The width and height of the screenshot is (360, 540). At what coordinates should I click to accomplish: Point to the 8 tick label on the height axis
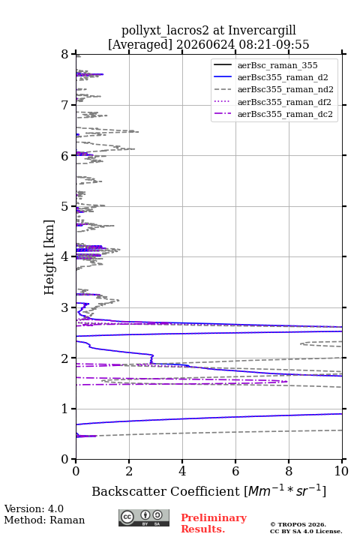[x=65, y=54]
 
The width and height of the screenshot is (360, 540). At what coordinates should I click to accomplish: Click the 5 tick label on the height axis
[x=65, y=206]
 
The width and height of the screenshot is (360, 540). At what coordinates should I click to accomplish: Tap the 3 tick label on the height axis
[x=65, y=307]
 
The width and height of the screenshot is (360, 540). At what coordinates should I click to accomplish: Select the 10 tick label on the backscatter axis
[x=341, y=471]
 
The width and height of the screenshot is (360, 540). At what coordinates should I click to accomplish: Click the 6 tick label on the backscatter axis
[x=235, y=471]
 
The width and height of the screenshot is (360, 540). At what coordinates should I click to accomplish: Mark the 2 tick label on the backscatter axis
[x=129, y=471]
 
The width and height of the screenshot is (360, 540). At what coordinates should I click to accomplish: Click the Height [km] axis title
[x=49, y=257]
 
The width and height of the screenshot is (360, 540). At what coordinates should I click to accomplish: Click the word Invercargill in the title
[x=262, y=31]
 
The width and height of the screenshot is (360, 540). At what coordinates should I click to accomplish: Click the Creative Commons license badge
[x=144, y=518]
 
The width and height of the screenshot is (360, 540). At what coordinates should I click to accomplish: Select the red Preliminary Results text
[x=214, y=523]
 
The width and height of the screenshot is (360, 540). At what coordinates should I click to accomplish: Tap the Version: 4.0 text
[x=34, y=508]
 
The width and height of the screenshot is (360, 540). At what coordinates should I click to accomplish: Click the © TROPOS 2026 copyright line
[x=298, y=524]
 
